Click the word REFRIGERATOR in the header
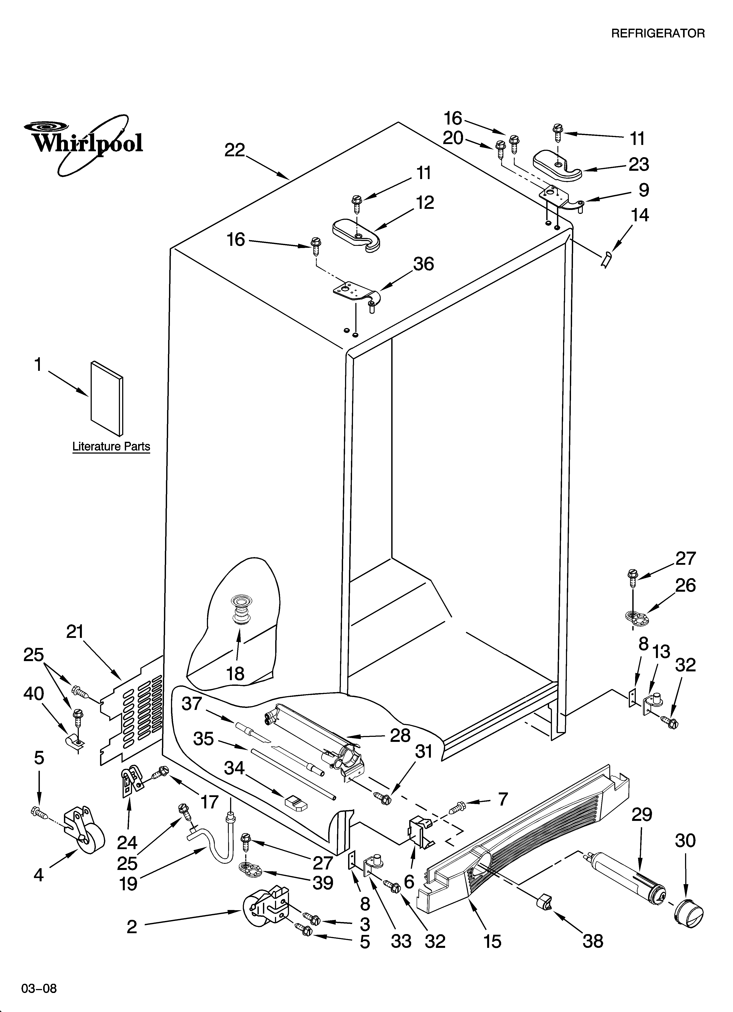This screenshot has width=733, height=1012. click(x=657, y=33)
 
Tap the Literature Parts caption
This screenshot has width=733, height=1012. click(x=111, y=447)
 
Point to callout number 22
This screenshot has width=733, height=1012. click(x=235, y=150)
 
